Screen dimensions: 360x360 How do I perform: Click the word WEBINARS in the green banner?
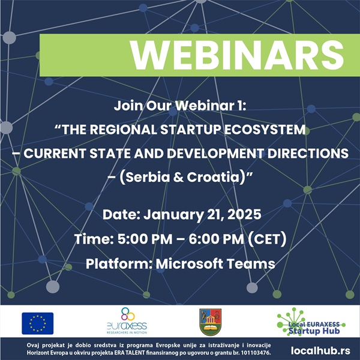click(x=237, y=55)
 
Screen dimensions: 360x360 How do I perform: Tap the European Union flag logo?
click(x=38, y=323)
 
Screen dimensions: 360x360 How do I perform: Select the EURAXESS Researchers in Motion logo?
click(x=127, y=321)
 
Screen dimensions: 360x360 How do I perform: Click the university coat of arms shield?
click(x=211, y=322)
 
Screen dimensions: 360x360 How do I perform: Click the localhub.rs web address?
click(x=320, y=350)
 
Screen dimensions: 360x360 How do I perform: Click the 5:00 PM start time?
click(x=145, y=239)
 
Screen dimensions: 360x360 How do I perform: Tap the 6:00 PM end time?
click(x=216, y=239)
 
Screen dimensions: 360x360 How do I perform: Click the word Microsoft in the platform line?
click(x=190, y=263)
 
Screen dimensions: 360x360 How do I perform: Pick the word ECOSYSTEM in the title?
click(x=265, y=130)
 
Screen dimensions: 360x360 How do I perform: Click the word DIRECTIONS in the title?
click(x=308, y=154)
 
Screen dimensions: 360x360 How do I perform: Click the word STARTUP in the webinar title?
click(x=190, y=130)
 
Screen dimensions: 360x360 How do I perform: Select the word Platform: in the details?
click(x=119, y=263)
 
